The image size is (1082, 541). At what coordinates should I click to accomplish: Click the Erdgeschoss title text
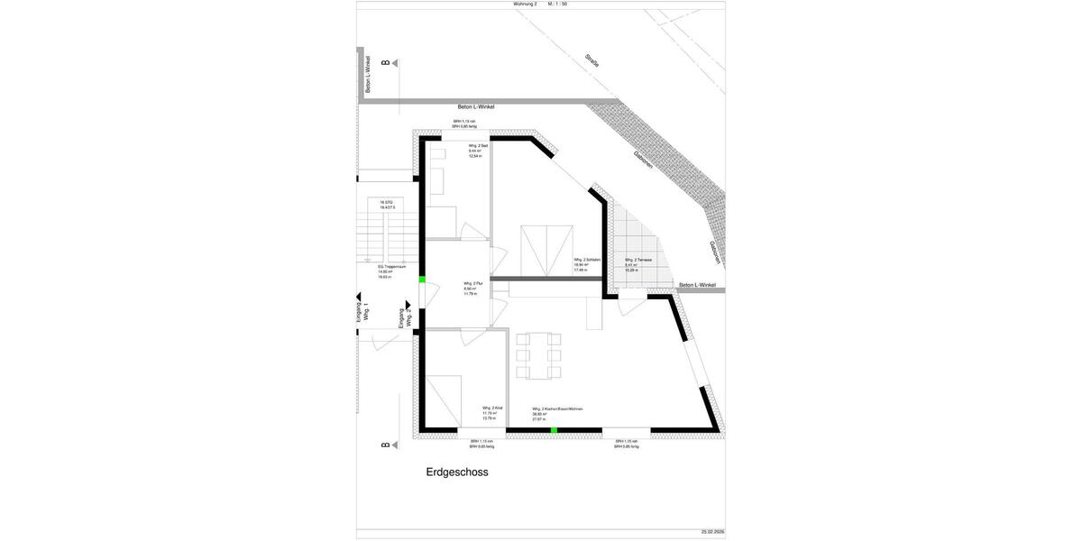pos(457,472)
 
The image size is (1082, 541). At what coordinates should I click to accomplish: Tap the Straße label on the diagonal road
pos(591,60)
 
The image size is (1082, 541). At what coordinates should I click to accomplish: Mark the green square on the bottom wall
pos(555,431)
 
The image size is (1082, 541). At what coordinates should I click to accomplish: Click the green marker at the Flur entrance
pos(422,280)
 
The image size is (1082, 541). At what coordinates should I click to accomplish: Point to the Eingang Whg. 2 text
pos(406,317)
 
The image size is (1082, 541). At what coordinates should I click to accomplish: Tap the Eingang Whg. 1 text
pos(362,312)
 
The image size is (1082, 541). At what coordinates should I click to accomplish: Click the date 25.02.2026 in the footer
pos(712,532)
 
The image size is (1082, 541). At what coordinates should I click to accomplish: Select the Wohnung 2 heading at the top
pos(525,5)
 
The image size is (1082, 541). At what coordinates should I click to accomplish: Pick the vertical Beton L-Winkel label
pos(368,74)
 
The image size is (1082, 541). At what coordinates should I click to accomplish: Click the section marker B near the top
pos(385,63)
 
